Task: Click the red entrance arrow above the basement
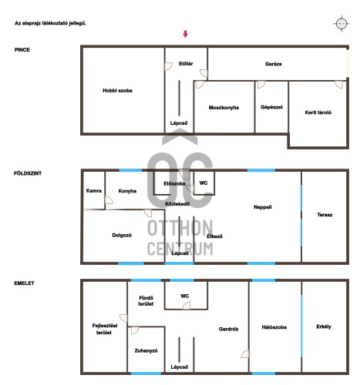pyautogui.click(x=185, y=34)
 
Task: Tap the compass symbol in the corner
pyautogui.click(x=341, y=24)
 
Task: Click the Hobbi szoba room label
pyautogui.click(x=117, y=90)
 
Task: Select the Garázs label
pyautogui.click(x=273, y=64)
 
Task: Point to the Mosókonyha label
pyautogui.click(x=224, y=108)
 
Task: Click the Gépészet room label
pyautogui.click(x=271, y=107)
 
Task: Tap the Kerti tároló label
pyautogui.click(x=318, y=112)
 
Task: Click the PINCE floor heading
pyautogui.click(x=22, y=50)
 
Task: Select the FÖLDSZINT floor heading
pyautogui.click(x=28, y=173)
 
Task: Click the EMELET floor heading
pyautogui.click(x=24, y=283)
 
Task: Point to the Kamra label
pyautogui.click(x=94, y=191)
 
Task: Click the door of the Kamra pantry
pyautogui.click(x=109, y=200)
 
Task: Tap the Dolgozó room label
pyautogui.click(x=122, y=235)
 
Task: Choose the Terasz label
pyautogui.click(x=325, y=215)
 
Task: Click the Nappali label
pyautogui.click(x=262, y=207)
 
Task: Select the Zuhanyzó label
pyautogui.click(x=146, y=350)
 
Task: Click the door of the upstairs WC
pyautogui.click(x=187, y=306)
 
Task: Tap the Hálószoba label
pyautogui.click(x=274, y=327)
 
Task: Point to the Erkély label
pyautogui.click(x=324, y=326)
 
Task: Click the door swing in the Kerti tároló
pyautogui.click(x=338, y=84)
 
